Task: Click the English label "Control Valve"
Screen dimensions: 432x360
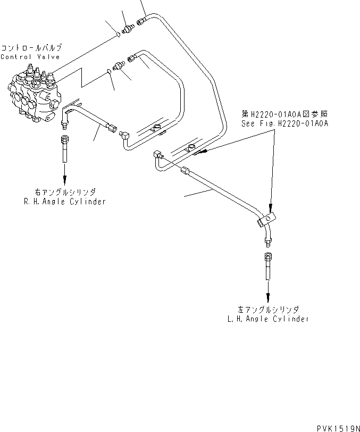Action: pos(30,57)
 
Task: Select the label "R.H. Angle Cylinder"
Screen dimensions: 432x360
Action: pos(65,202)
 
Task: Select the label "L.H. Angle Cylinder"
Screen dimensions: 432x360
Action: pos(267,319)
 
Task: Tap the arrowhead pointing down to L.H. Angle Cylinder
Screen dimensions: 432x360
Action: pos(267,297)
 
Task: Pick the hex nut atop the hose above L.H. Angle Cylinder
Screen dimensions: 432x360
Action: pos(267,257)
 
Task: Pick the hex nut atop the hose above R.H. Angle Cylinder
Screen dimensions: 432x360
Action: pos(65,140)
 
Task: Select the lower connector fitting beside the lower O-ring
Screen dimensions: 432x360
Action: pos(119,64)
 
